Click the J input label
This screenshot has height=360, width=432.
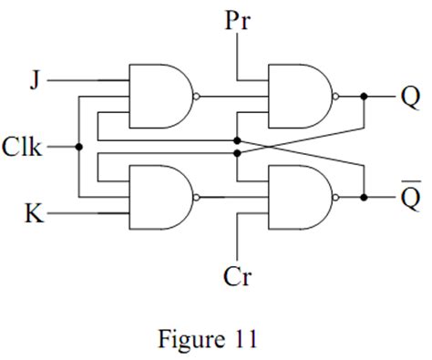[x=36, y=80]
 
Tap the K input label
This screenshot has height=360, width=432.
[x=35, y=213]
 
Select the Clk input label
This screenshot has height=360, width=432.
[x=22, y=147]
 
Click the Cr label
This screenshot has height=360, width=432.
[x=238, y=276]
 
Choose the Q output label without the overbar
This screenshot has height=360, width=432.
[x=411, y=98]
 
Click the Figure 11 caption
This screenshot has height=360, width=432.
[x=208, y=339]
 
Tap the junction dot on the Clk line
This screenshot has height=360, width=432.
[x=79, y=147]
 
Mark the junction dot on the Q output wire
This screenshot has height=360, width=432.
[x=364, y=97]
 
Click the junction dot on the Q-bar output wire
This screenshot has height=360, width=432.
[x=364, y=198]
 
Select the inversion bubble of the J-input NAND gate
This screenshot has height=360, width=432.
[x=196, y=97]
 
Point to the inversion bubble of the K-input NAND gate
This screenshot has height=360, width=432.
[x=196, y=198]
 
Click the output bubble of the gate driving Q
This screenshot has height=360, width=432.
[x=335, y=97]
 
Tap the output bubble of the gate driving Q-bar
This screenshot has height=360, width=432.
[x=335, y=198]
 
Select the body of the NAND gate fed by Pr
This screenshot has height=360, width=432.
[x=300, y=96]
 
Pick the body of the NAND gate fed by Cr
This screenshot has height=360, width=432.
[x=300, y=197]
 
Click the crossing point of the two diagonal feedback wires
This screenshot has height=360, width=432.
[x=270, y=147]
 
